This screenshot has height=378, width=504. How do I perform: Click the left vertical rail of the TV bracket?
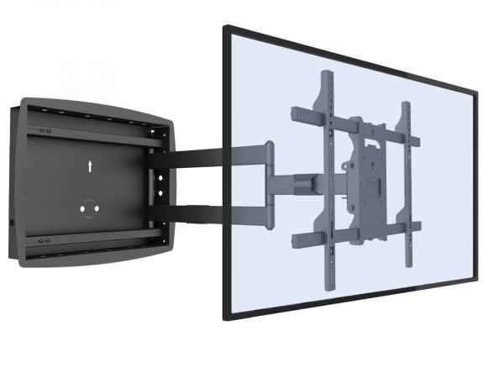pos(326,160)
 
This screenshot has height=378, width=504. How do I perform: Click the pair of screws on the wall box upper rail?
pos(47,131)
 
